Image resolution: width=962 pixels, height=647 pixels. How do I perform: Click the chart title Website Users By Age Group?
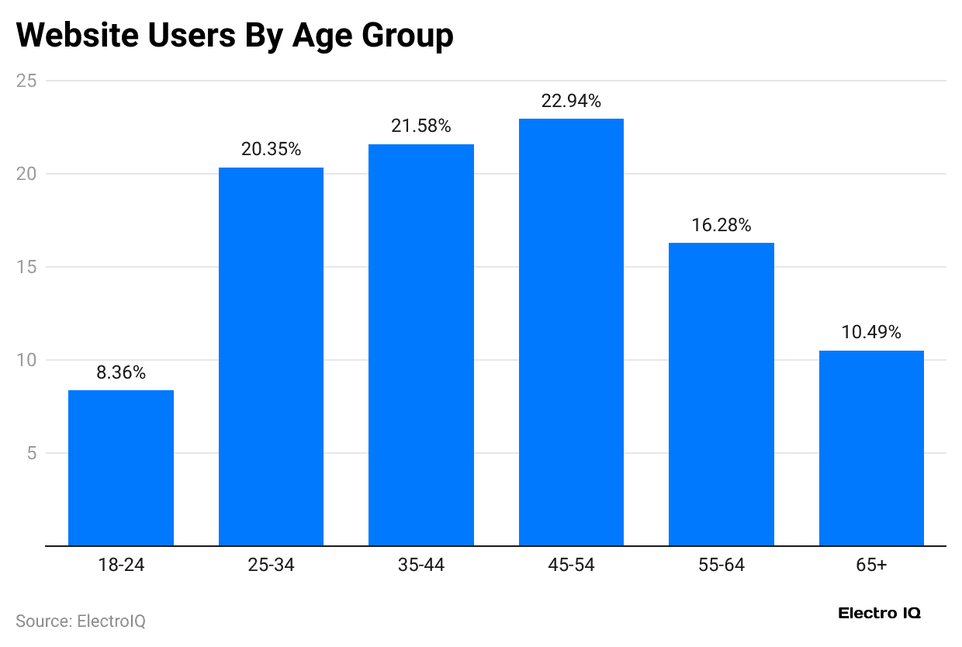[234, 36]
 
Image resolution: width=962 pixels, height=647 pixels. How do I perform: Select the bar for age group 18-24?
[121, 468]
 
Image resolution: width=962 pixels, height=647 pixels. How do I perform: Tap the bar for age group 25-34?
[271, 357]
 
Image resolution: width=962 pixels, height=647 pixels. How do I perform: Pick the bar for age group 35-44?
[421, 345]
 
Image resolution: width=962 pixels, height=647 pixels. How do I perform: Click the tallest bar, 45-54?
[571, 332]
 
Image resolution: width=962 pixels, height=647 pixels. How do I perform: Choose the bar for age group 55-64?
[721, 394]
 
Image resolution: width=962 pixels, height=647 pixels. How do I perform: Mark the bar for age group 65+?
[871, 448]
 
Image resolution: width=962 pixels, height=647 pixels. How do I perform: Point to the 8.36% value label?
[121, 373]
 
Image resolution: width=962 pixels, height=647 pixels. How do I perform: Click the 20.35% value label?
[271, 150]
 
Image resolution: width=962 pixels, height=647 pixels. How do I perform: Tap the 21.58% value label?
[421, 126]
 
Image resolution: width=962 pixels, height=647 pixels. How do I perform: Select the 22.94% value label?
[571, 102]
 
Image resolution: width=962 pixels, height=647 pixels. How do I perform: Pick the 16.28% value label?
[721, 226]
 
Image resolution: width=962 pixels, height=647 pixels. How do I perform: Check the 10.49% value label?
[871, 333]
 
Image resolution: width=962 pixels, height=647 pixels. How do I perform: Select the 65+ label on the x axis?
[871, 566]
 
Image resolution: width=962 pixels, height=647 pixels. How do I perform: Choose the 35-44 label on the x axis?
[421, 566]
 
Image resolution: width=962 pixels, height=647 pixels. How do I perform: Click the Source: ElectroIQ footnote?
[81, 621]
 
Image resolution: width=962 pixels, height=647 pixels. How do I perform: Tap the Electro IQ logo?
[879, 613]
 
